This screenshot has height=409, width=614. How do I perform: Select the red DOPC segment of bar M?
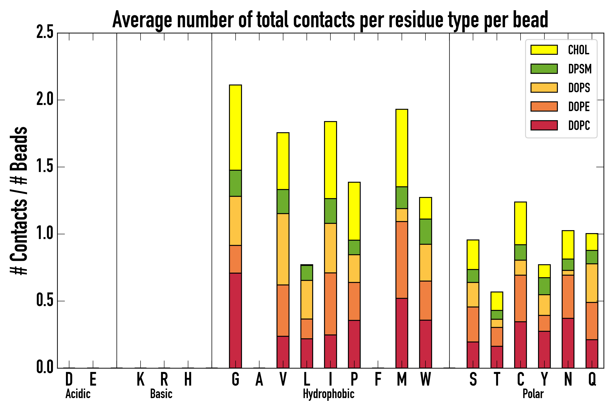[402, 333]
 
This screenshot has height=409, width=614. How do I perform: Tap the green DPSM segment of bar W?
[425, 232]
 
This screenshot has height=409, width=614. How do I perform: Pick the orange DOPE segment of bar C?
[520, 298]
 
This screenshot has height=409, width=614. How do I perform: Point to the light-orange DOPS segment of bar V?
[283, 249]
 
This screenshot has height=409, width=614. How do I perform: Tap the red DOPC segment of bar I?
[330, 351]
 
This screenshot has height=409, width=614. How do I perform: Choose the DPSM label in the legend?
[580, 69]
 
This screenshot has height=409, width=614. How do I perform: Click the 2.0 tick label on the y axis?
[45, 100]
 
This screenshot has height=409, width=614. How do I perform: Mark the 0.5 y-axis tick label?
[45, 301]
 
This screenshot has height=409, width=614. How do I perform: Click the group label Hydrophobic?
[328, 394]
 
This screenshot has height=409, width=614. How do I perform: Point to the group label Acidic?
[78, 394]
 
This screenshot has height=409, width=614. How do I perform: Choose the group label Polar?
[533, 394]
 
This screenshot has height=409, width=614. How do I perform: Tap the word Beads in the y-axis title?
[19, 149]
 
